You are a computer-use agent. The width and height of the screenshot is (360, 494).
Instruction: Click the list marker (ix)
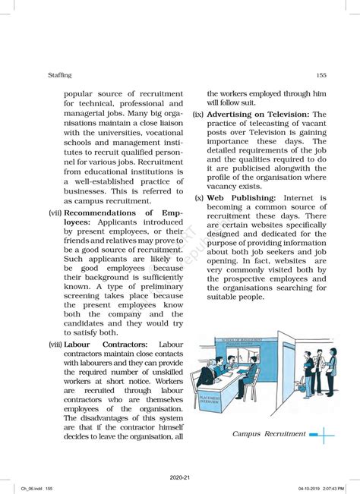(197, 114)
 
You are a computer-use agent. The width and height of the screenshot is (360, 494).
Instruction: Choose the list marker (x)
(199, 198)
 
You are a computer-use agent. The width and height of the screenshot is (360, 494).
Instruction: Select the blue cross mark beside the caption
(322, 435)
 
